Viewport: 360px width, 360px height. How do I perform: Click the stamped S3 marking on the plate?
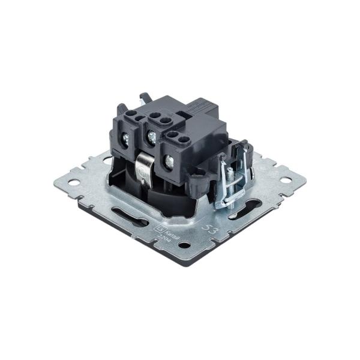(x=211, y=229)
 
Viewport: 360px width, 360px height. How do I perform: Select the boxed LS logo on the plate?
(x=159, y=227)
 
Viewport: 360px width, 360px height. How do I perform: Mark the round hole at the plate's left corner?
(x=75, y=178)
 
